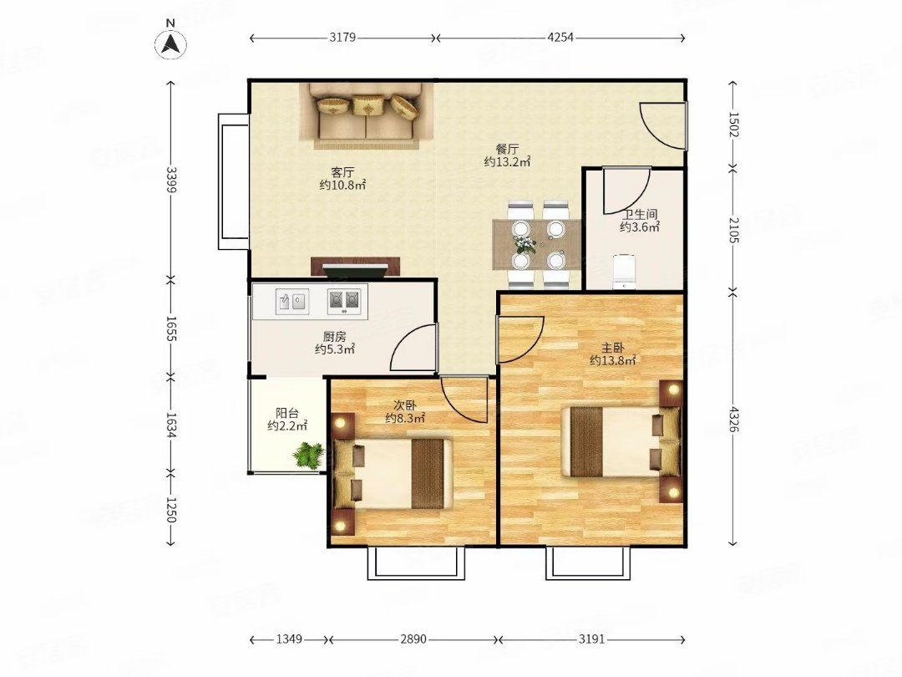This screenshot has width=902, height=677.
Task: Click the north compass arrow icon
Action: click(x=170, y=43)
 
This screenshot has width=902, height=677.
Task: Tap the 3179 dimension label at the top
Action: click(x=343, y=38)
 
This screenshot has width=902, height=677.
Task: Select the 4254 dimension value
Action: click(x=560, y=38)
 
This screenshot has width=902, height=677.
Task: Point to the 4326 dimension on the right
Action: click(x=733, y=419)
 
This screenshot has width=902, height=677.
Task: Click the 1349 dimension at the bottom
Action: click(x=289, y=639)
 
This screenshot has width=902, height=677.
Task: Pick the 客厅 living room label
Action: click(x=342, y=172)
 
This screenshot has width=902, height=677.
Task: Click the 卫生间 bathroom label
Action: click(x=639, y=214)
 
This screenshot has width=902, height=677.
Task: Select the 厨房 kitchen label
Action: click(x=334, y=337)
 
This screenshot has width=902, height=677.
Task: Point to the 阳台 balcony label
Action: click(x=287, y=413)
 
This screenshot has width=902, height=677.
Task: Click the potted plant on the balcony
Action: click(x=310, y=455)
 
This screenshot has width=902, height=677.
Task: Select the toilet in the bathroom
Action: click(x=624, y=272)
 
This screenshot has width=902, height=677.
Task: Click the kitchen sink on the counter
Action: click(x=293, y=301)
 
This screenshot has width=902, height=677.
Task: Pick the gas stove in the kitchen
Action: click(x=345, y=301)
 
